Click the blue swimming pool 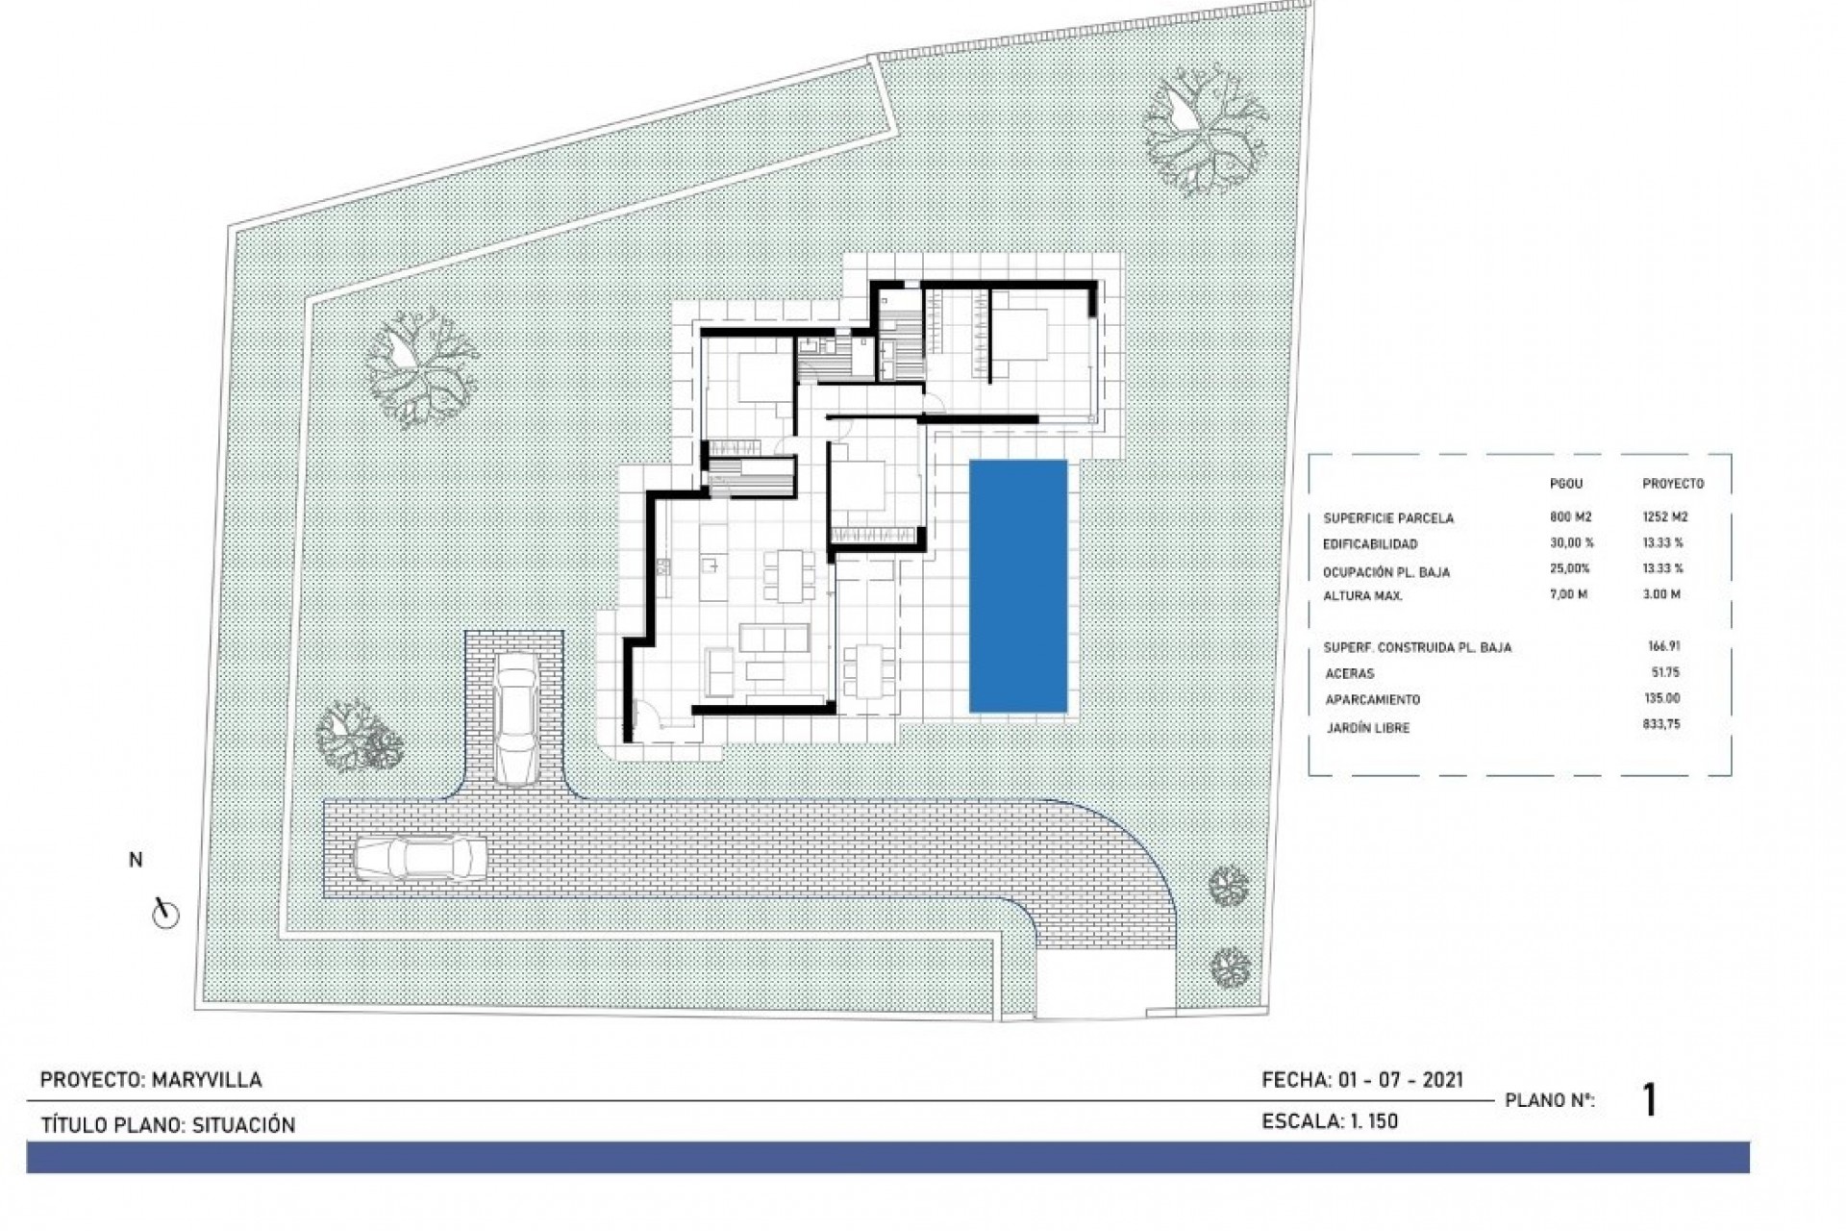pyautogui.click(x=1018, y=586)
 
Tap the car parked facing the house pyautogui.click(x=516, y=718)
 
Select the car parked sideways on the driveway pyautogui.click(x=420, y=857)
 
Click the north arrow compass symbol pyautogui.click(x=165, y=913)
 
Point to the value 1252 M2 pyautogui.click(x=1665, y=516)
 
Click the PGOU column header pyautogui.click(x=1565, y=484)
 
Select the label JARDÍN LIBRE pyautogui.click(x=1367, y=728)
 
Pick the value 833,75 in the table pyautogui.click(x=1661, y=724)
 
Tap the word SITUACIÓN pyautogui.click(x=243, y=1125)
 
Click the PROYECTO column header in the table pyautogui.click(x=1672, y=484)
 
